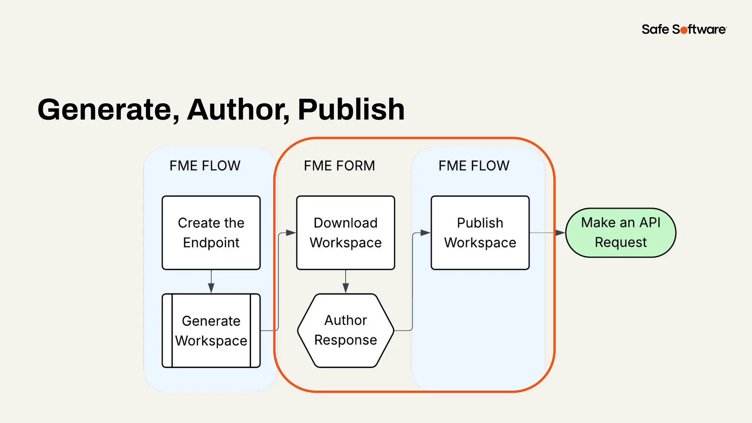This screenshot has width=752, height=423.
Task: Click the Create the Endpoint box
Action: [x=211, y=233]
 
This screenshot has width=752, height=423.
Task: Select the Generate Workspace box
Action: [x=211, y=330]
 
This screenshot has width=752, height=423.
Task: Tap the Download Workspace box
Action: [x=346, y=233]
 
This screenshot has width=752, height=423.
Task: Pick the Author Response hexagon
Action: [x=346, y=330]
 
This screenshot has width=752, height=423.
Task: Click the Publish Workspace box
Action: [x=480, y=233]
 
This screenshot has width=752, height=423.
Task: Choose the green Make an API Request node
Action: [x=621, y=233]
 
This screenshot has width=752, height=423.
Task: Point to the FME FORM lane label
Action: [x=339, y=166]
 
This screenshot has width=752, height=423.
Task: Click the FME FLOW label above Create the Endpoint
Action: [x=205, y=166]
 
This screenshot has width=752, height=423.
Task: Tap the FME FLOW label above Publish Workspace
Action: [x=474, y=166]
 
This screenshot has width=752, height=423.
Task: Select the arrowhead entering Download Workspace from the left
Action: [x=291, y=233]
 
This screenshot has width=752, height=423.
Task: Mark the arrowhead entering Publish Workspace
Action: [x=425, y=233]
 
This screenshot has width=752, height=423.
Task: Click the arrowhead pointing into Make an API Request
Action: [x=560, y=233]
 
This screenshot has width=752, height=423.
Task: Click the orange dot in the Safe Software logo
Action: [x=684, y=30]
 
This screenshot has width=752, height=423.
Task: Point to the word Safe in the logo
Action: [x=655, y=29]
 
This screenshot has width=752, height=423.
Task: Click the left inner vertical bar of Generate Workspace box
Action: [x=172, y=330]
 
